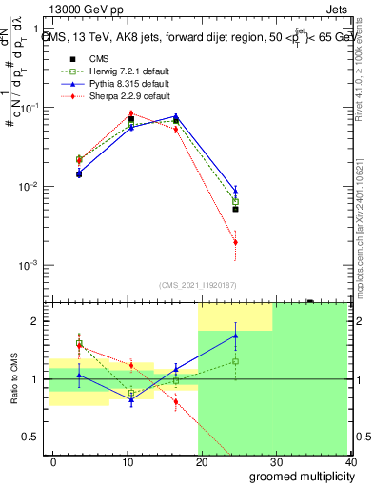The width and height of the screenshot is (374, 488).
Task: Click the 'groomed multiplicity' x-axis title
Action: [x=297, y=476]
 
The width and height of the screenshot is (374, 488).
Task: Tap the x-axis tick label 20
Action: [x=201, y=461]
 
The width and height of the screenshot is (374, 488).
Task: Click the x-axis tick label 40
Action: [x=349, y=461]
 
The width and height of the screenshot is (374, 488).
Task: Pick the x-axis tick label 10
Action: [x=127, y=461]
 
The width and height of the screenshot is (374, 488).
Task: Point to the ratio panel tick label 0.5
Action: [x=33, y=437]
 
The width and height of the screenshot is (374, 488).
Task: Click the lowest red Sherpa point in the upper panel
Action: [x=235, y=242]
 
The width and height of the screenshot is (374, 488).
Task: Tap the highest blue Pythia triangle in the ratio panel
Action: [x=235, y=335]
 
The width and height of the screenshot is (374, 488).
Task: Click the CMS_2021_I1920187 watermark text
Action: [x=198, y=285]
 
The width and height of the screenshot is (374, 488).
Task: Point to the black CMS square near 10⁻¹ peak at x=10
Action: [x=131, y=119]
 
